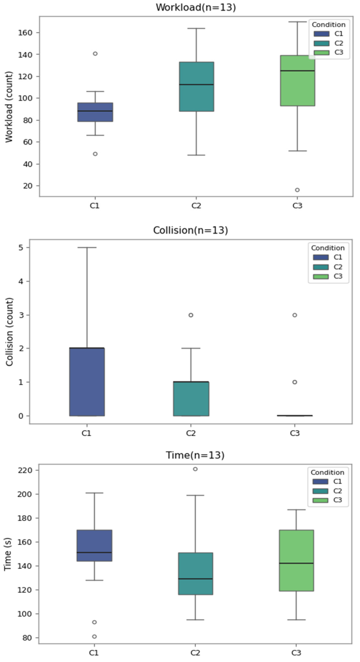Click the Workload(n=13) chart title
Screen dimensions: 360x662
(196, 7)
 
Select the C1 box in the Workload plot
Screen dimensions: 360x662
(95, 112)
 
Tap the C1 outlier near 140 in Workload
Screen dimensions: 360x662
(95, 54)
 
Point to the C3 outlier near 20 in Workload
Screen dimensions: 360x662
(297, 190)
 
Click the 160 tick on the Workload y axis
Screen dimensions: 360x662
(25, 33)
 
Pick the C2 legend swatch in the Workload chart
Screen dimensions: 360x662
(322, 43)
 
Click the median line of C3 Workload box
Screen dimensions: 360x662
(297, 71)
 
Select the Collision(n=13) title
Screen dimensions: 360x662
(190, 230)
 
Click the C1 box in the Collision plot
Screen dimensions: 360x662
(87, 382)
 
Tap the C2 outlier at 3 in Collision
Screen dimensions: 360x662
(191, 315)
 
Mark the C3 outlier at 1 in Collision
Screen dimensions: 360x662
(295, 382)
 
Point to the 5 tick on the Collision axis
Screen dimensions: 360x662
(21, 248)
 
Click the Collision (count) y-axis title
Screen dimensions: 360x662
(9, 332)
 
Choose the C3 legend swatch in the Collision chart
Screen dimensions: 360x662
(321, 276)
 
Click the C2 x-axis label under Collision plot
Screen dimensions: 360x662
(191, 433)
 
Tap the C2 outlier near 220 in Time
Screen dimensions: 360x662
(195, 469)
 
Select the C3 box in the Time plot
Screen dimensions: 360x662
(296, 560)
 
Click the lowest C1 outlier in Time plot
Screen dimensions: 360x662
(94, 637)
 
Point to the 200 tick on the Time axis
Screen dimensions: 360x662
(25, 494)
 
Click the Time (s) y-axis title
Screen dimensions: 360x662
(8, 554)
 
